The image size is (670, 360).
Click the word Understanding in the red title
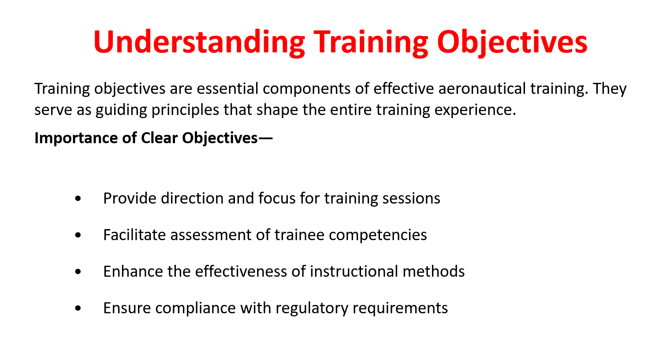click(x=199, y=42)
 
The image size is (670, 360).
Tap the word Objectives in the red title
click(x=512, y=42)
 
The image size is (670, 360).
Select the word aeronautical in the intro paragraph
click(x=482, y=89)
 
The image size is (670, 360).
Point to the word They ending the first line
click(x=610, y=89)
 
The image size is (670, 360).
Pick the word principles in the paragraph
click(x=185, y=110)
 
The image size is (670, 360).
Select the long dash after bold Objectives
click(x=265, y=138)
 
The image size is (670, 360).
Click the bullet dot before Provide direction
click(x=78, y=199)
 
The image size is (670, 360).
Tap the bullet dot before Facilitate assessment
click(x=78, y=235)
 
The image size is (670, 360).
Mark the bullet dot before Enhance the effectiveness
click(x=78, y=271)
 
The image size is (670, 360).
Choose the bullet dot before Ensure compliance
click(x=78, y=308)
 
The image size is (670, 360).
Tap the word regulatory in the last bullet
click(x=312, y=308)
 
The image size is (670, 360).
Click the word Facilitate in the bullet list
click(x=134, y=235)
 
